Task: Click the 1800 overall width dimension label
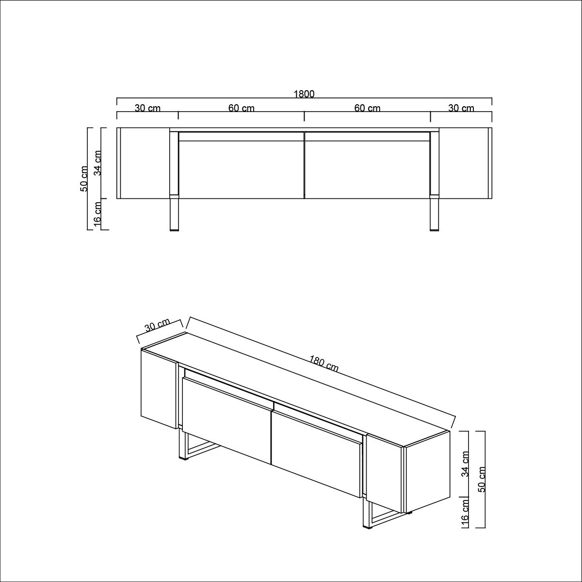pyautogui.click(x=304, y=94)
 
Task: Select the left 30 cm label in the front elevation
pyautogui.click(x=147, y=108)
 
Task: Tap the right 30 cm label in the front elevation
pyautogui.click(x=461, y=108)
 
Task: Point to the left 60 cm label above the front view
pyautogui.click(x=242, y=108)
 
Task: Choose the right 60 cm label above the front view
pyautogui.click(x=367, y=108)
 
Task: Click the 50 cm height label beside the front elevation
pyautogui.click(x=84, y=178)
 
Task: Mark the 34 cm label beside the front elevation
pyautogui.click(x=97, y=163)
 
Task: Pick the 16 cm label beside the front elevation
pyautogui.click(x=97, y=214)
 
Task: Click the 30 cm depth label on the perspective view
pyautogui.click(x=157, y=325)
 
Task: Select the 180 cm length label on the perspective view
pyautogui.click(x=324, y=364)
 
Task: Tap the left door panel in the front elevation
pyautogui.click(x=242, y=170)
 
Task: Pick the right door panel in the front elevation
pyautogui.click(x=367, y=170)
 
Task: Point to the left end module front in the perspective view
pyautogui.click(x=159, y=388)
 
